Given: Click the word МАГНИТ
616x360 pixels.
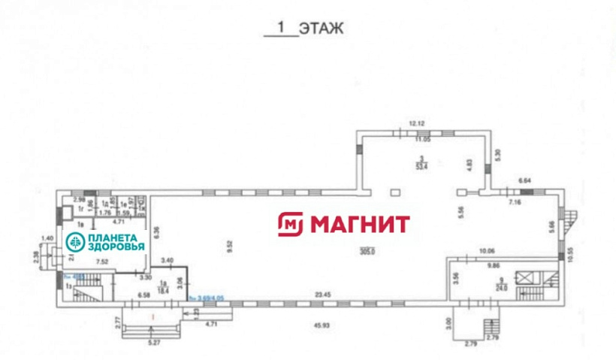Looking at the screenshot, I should tap(360, 224).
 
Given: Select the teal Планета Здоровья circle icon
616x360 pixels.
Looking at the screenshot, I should tap(75, 242).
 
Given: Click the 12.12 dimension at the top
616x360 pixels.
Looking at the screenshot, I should tap(417, 123).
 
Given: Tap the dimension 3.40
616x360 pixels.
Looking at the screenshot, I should tap(167, 260).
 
